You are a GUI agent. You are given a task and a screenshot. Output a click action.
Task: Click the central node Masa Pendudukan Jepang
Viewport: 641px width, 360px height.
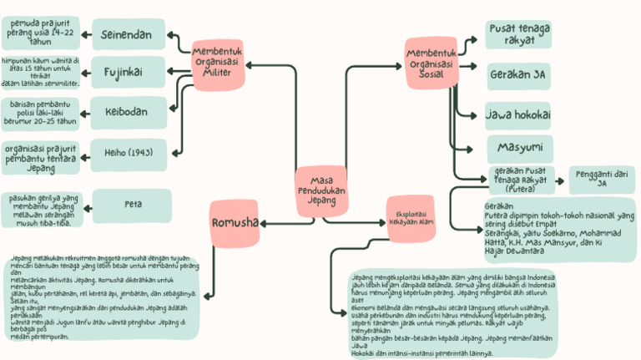(321, 190)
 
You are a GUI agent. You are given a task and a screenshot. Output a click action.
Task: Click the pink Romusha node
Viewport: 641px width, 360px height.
(235, 223)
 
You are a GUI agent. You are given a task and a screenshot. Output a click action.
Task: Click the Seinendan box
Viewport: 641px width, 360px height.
(126, 35)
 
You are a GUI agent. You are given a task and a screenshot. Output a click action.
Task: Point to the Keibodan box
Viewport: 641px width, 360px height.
(126, 111)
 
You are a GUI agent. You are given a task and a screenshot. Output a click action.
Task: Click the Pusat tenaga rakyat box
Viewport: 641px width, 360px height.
(517, 35)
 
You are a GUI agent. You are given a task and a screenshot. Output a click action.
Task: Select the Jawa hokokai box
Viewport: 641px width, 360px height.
(517, 114)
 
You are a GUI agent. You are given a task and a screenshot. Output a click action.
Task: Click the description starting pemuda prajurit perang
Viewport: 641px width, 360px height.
(41, 33)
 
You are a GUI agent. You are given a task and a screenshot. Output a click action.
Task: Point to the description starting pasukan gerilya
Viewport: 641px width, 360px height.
(41, 209)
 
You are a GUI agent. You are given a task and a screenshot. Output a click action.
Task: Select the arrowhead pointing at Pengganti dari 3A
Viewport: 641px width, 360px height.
(564, 179)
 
